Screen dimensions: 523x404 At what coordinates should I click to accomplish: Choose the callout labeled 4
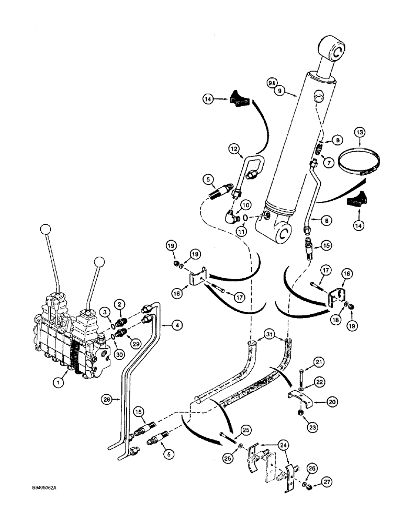(177, 325)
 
